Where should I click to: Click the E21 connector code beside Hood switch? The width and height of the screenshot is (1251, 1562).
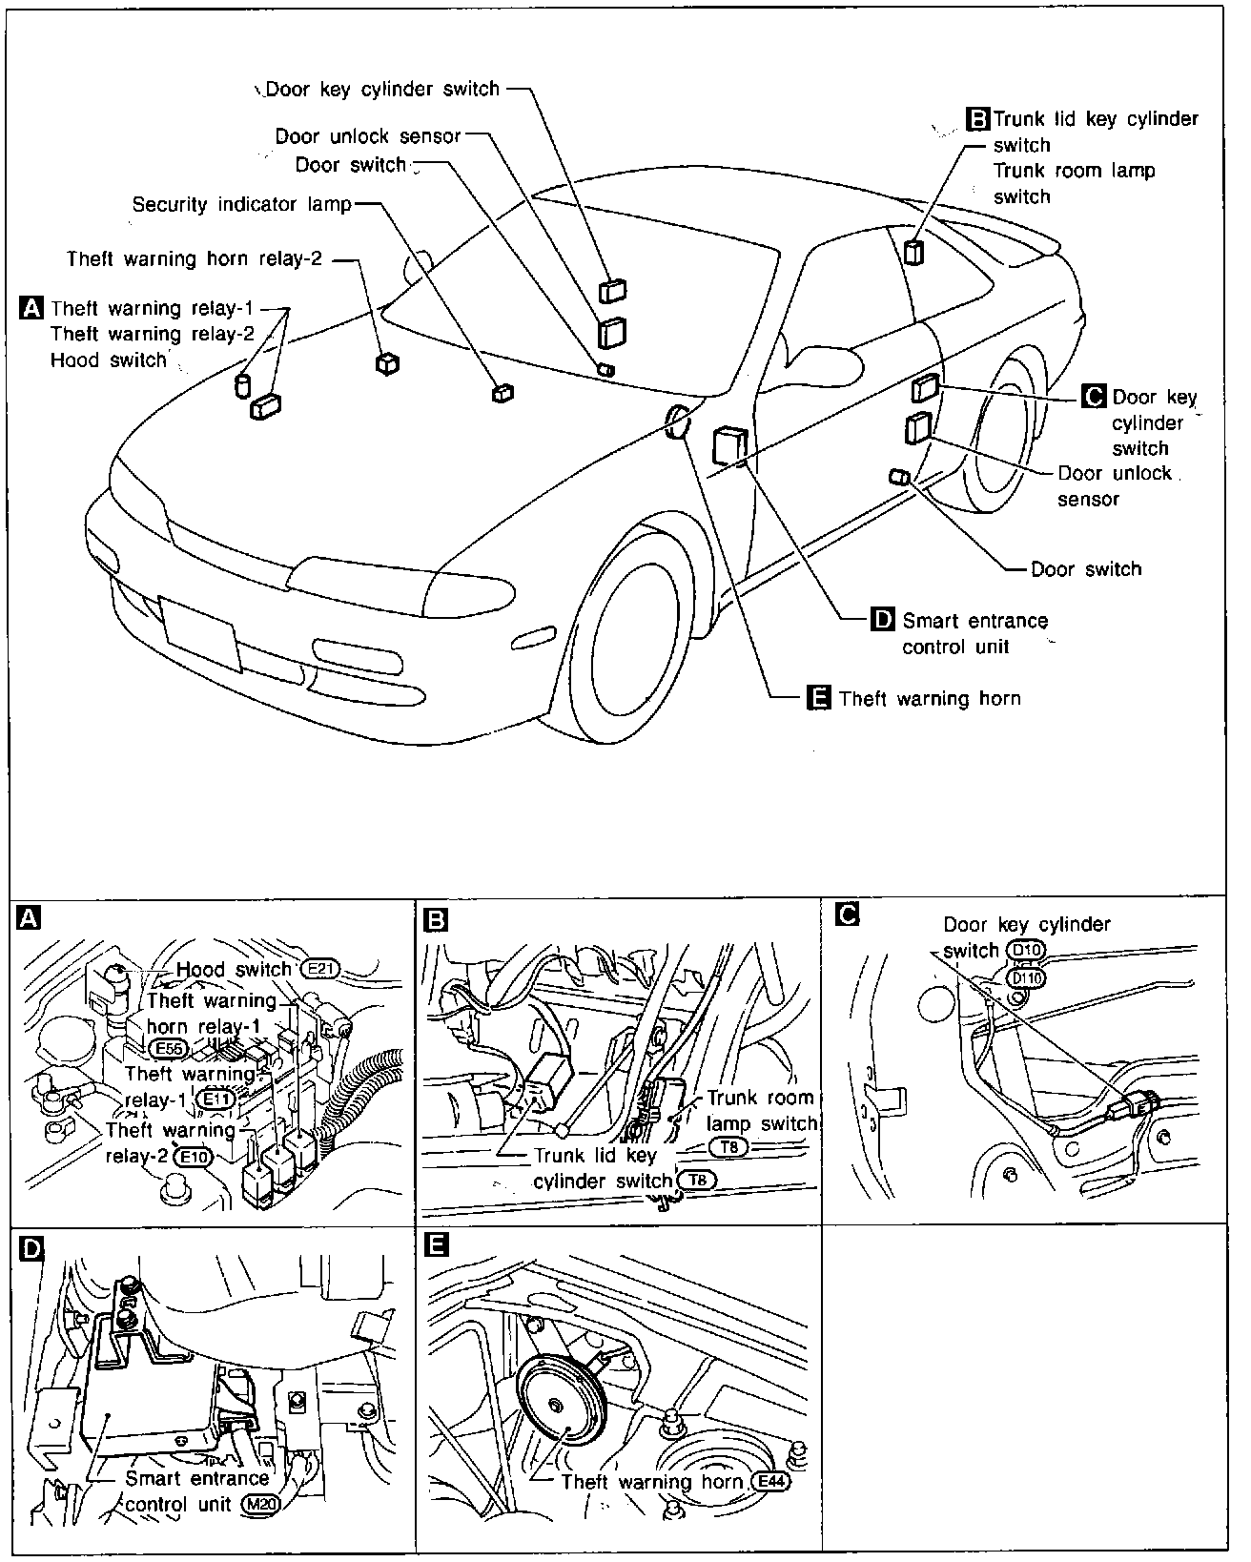point(320,970)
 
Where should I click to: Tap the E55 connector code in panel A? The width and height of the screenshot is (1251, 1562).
point(168,1049)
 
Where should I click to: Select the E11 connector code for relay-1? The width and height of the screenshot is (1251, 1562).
point(215,1100)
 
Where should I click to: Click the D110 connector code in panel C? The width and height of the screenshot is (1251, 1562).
point(1026,979)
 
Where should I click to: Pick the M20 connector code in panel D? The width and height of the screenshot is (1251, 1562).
point(260,1505)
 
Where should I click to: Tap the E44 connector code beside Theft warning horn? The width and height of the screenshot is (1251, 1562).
point(770,1482)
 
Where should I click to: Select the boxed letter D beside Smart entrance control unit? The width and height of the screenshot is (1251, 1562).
point(882,619)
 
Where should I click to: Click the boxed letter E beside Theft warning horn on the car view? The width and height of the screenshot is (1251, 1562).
point(818,697)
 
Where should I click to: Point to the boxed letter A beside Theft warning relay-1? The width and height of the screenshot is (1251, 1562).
point(31,308)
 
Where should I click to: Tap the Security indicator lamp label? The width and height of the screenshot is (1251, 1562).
point(242,204)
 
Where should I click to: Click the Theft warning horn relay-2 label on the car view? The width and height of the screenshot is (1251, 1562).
point(194,258)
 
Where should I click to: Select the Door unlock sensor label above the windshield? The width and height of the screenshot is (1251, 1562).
point(367,136)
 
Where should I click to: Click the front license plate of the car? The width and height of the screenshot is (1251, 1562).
point(200,634)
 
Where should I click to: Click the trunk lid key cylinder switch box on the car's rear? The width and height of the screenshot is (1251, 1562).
point(913,253)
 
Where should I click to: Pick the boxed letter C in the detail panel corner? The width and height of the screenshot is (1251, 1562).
point(847,914)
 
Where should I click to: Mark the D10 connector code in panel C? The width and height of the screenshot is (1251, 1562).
point(1026,950)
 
